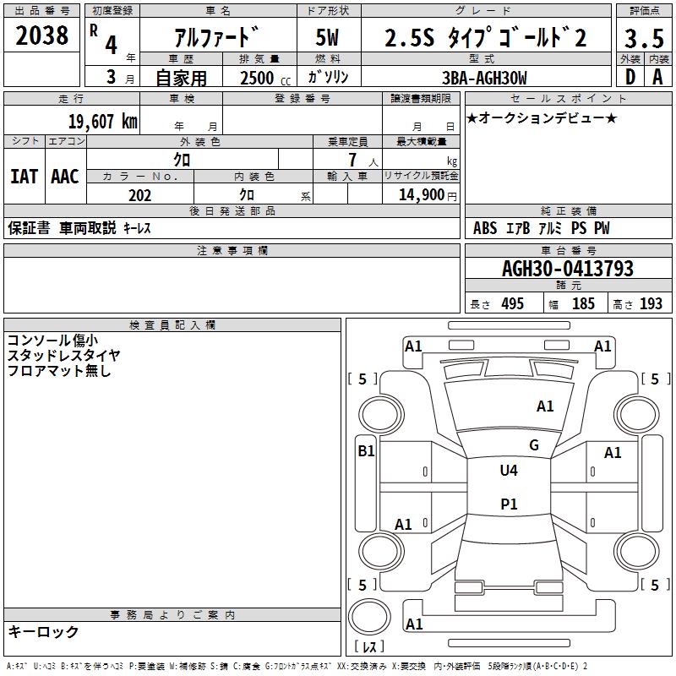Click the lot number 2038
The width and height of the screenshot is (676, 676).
(x=42, y=35)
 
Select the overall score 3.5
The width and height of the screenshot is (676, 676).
(x=643, y=39)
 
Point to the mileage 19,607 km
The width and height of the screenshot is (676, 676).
(x=102, y=122)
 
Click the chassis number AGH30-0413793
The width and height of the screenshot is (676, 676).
(x=567, y=269)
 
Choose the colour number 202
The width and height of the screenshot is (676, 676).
(x=139, y=195)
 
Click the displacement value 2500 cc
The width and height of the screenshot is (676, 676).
(x=257, y=78)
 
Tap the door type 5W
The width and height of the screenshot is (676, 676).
(x=327, y=38)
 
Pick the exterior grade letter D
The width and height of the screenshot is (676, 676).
(x=630, y=77)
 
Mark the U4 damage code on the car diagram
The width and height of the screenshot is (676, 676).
(x=509, y=471)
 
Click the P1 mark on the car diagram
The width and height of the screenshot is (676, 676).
(x=509, y=504)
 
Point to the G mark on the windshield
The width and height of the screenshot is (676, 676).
(x=534, y=445)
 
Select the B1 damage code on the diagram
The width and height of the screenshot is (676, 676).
(x=366, y=451)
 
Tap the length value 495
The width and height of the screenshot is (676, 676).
(x=512, y=304)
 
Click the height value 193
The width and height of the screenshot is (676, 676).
(x=651, y=304)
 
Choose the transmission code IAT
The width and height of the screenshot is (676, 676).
(x=24, y=177)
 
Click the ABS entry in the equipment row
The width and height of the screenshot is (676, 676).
(x=485, y=228)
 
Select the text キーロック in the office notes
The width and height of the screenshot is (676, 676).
(x=44, y=631)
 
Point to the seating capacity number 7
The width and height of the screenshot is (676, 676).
(x=350, y=160)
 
